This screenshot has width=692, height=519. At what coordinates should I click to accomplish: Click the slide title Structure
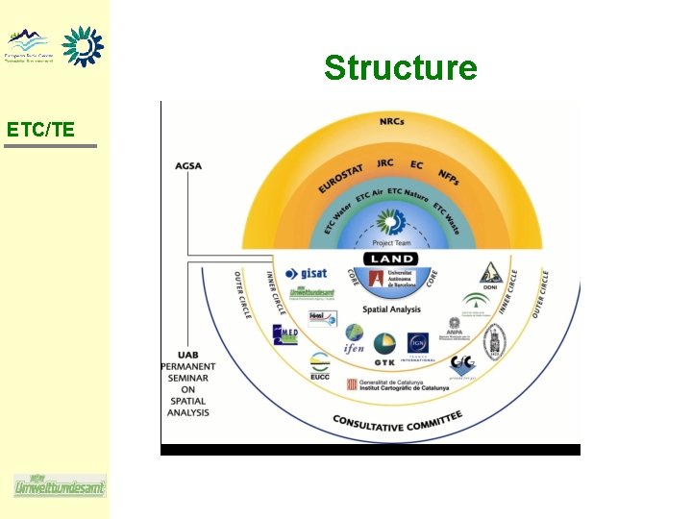(x=400, y=68)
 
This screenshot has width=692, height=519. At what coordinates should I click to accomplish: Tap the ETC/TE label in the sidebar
(x=40, y=129)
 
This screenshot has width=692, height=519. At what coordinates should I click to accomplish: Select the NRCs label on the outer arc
(x=392, y=121)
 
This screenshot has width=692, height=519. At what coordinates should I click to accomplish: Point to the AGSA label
(x=189, y=165)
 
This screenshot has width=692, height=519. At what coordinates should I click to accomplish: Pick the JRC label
(x=384, y=163)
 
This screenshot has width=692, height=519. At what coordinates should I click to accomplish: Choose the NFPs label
(x=449, y=178)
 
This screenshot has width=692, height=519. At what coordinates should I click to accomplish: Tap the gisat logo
(x=309, y=274)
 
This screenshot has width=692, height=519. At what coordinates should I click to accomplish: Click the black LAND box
(x=391, y=259)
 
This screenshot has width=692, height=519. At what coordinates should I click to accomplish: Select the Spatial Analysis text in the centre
(x=391, y=309)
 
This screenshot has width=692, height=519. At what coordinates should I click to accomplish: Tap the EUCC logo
(x=319, y=368)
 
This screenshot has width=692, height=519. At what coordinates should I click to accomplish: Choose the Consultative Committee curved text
(x=397, y=419)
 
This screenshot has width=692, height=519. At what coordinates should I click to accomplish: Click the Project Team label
(x=391, y=243)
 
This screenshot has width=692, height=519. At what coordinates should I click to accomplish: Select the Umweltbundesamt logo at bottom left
(x=60, y=485)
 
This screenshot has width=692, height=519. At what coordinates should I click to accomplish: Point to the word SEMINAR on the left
(x=189, y=380)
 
